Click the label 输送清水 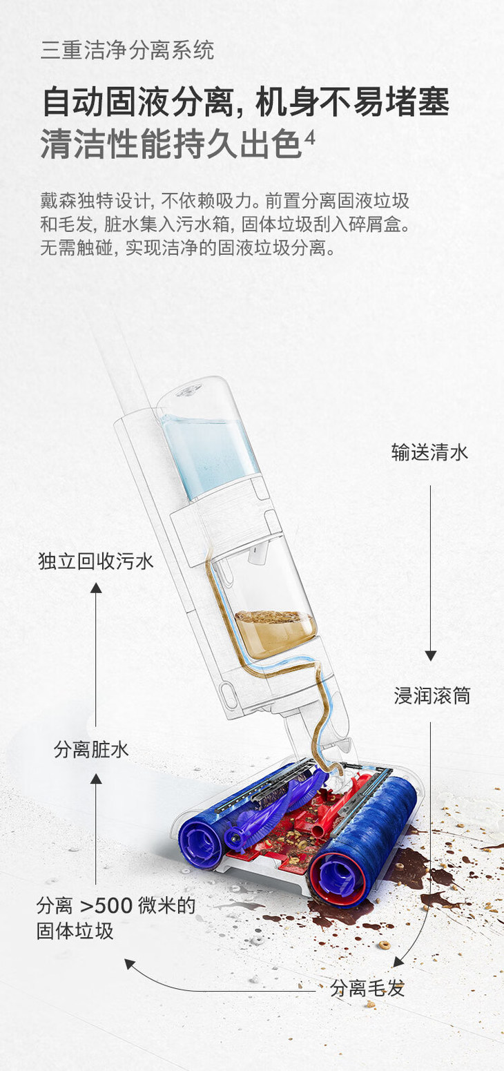pyautogui.click(x=429, y=453)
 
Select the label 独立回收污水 pyautogui.click(x=96, y=561)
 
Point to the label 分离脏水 pyautogui.click(x=91, y=750)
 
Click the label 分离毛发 pyautogui.click(x=367, y=988)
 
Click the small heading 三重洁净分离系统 pyautogui.click(x=128, y=50)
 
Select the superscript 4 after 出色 pyautogui.click(x=309, y=137)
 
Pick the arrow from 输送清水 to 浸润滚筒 pyautogui.click(x=430, y=573)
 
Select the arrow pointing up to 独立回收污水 pyautogui.click(x=96, y=656)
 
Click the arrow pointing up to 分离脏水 pyautogui.click(x=96, y=829)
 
